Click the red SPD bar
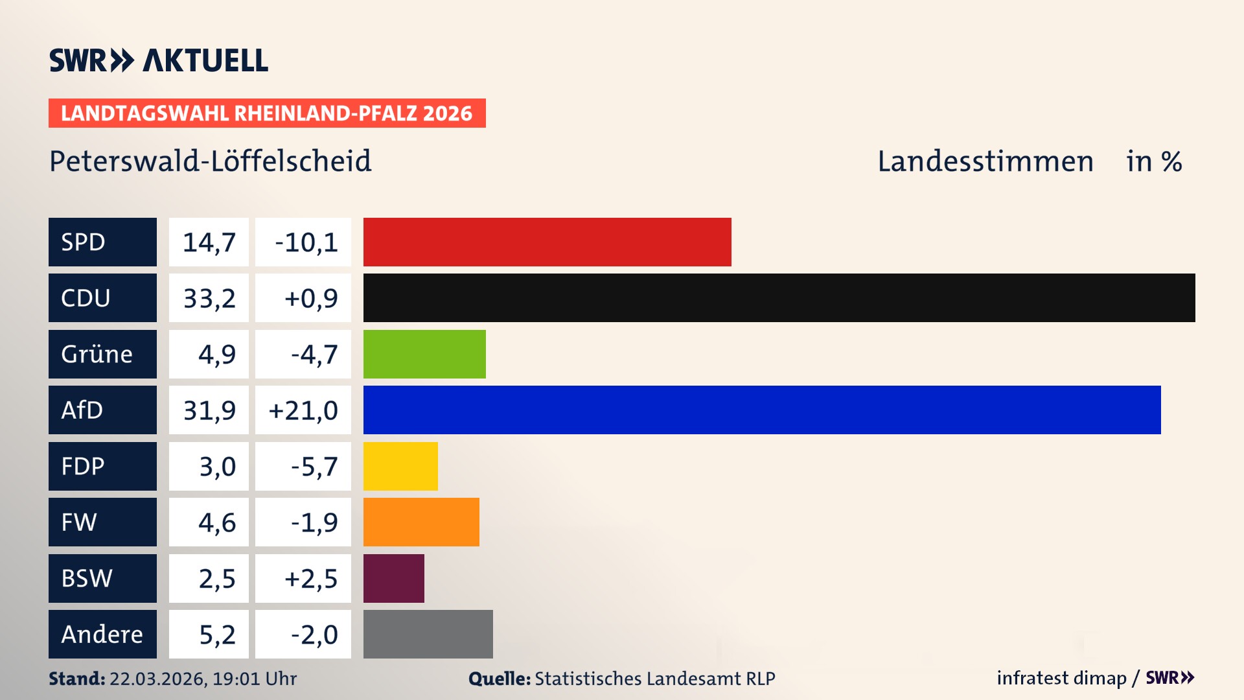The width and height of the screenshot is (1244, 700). (x=547, y=242)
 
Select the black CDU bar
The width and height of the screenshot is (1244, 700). (x=779, y=298)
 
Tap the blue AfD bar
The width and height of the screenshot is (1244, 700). (x=762, y=410)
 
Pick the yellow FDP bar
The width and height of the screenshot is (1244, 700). (x=400, y=466)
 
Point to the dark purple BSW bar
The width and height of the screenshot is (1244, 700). (x=393, y=578)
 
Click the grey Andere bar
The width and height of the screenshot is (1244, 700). (x=428, y=634)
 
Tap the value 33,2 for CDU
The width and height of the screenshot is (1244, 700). (x=209, y=298)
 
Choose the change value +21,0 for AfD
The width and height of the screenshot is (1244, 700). (x=303, y=410)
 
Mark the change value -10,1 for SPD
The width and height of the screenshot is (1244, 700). (x=306, y=242)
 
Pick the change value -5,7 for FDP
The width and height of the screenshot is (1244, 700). (x=314, y=466)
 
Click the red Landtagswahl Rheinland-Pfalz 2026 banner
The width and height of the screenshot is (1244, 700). (x=267, y=113)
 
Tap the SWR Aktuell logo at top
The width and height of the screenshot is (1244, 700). (x=159, y=60)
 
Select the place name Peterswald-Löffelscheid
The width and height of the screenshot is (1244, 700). (x=211, y=161)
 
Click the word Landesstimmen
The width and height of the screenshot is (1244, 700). (x=985, y=161)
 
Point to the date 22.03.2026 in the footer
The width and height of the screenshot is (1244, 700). (x=157, y=679)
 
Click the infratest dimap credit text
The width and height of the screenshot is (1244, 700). (x=1061, y=678)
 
